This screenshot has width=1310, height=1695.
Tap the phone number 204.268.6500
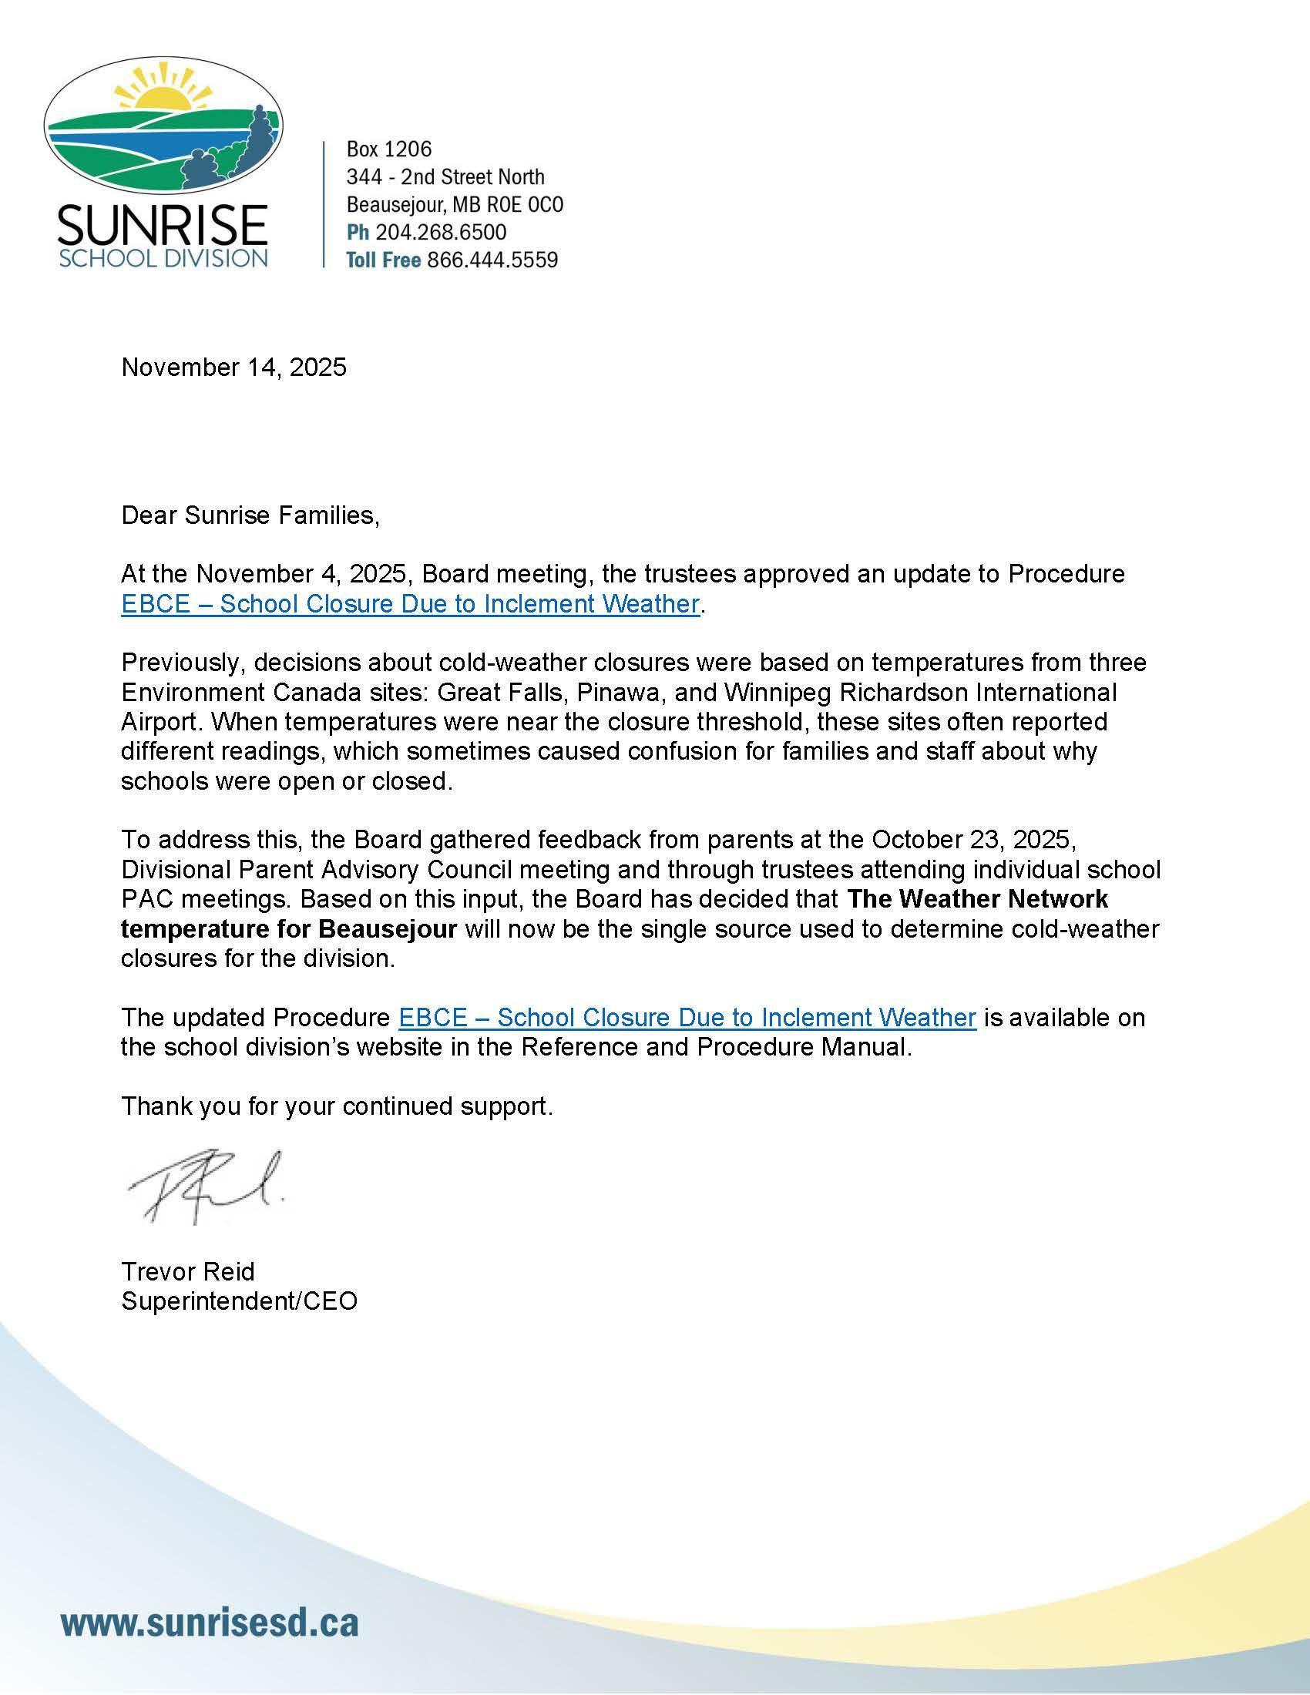[x=441, y=232]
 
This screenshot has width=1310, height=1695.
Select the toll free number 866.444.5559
[x=492, y=260]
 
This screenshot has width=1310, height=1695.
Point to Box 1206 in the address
[x=389, y=149]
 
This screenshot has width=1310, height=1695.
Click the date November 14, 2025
[x=233, y=367]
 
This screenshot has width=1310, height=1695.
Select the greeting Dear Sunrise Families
[x=250, y=515]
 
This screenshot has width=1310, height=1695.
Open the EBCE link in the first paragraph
[x=411, y=604]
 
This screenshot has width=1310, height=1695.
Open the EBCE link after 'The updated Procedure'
[x=687, y=1018]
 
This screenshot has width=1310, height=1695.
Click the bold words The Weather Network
[x=977, y=898]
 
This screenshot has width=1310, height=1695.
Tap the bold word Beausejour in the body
[x=388, y=929]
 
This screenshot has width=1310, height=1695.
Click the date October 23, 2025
[x=973, y=840]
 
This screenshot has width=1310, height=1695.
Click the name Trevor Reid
[x=188, y=1271]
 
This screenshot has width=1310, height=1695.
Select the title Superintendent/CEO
[x=239, y=1301]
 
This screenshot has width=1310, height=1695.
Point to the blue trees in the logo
[x=233, y=155]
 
